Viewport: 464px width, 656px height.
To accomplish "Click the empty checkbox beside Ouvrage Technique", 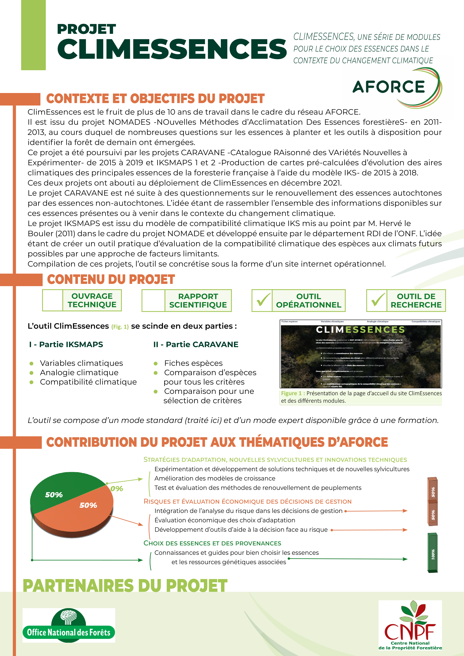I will pyautogui.click(x=53, y=300).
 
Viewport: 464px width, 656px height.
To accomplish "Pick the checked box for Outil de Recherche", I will pyautogui.click(x=377, y=300).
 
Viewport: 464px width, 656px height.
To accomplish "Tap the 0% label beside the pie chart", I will pyautogui.click(x=117, y=489).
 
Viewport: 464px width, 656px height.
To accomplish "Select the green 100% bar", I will pyautogui.click(x=433, y=553).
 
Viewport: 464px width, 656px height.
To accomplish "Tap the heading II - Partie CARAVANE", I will pyautogui.click(x=196, y=344).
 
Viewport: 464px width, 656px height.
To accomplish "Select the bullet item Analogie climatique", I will pyautogui.click(x=79, y=373).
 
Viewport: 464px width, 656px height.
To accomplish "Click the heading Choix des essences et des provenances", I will pyautogui.click(x=212, y=543).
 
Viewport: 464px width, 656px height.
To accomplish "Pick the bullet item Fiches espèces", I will pyautogui.click(x=193, y=363).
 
